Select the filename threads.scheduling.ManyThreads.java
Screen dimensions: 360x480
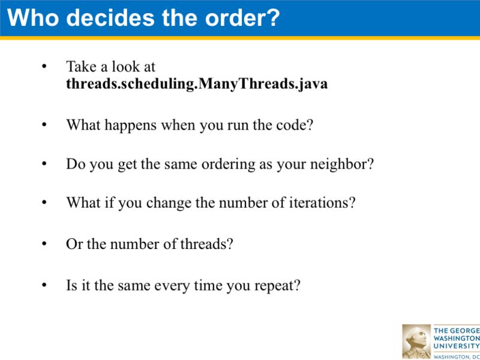197,83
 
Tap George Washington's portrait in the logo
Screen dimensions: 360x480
416,341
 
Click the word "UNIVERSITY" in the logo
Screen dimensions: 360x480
456,346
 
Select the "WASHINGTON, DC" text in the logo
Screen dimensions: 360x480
456,356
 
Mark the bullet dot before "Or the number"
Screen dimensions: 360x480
43,244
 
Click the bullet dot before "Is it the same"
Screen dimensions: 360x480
43,285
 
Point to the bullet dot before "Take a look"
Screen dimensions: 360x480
43,67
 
